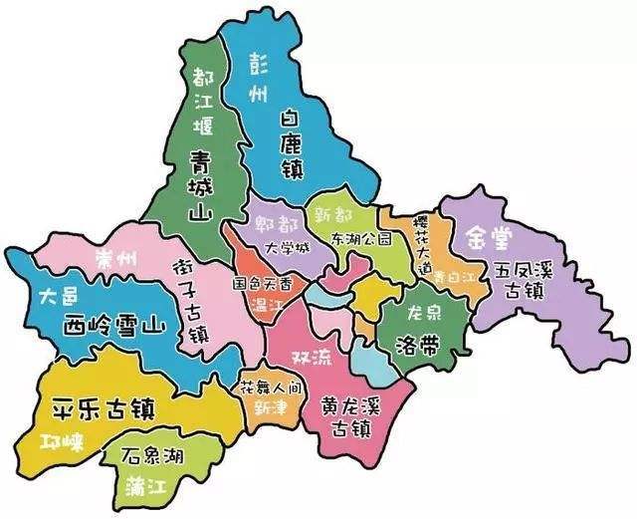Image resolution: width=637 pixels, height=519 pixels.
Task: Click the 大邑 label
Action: [x=56, y=296]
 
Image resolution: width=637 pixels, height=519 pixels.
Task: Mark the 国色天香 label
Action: [x=263, y=283]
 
